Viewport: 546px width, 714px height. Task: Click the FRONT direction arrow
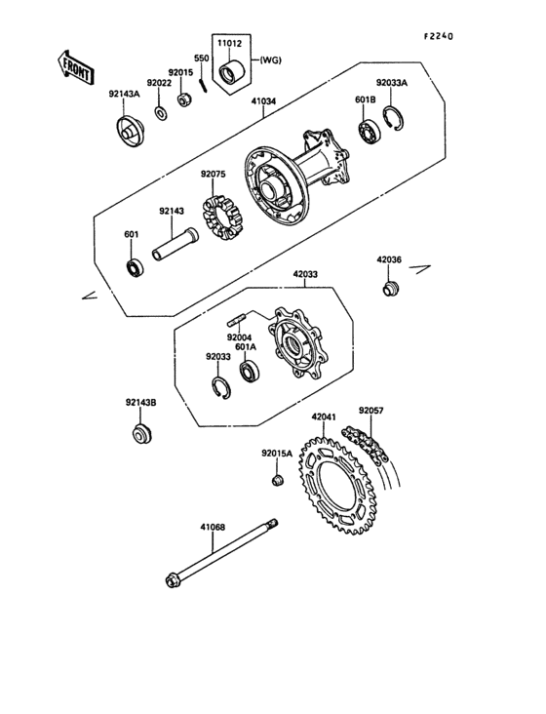75,67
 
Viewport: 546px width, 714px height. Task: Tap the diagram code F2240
439,36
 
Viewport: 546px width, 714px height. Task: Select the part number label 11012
229,44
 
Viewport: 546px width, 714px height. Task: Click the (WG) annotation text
270,60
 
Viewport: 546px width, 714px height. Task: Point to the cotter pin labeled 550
204,85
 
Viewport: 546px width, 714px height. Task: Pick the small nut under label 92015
184,99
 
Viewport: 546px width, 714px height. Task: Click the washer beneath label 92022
161,113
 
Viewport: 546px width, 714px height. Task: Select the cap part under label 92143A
129,132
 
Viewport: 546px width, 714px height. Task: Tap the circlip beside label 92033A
393,118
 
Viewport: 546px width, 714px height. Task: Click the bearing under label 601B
369,131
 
